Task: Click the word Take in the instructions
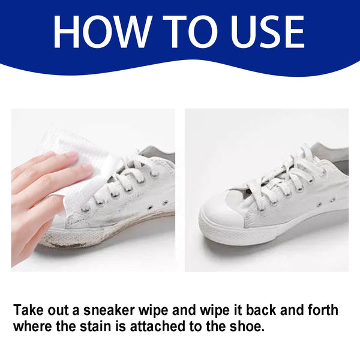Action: pyautogui.click(x=29, y=311)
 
